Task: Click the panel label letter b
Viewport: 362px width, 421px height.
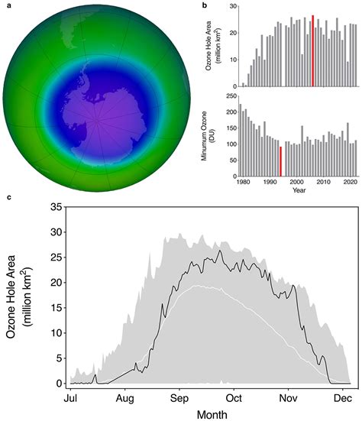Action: click(204, 5)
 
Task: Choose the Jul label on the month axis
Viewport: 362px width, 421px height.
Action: click(69, 398)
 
